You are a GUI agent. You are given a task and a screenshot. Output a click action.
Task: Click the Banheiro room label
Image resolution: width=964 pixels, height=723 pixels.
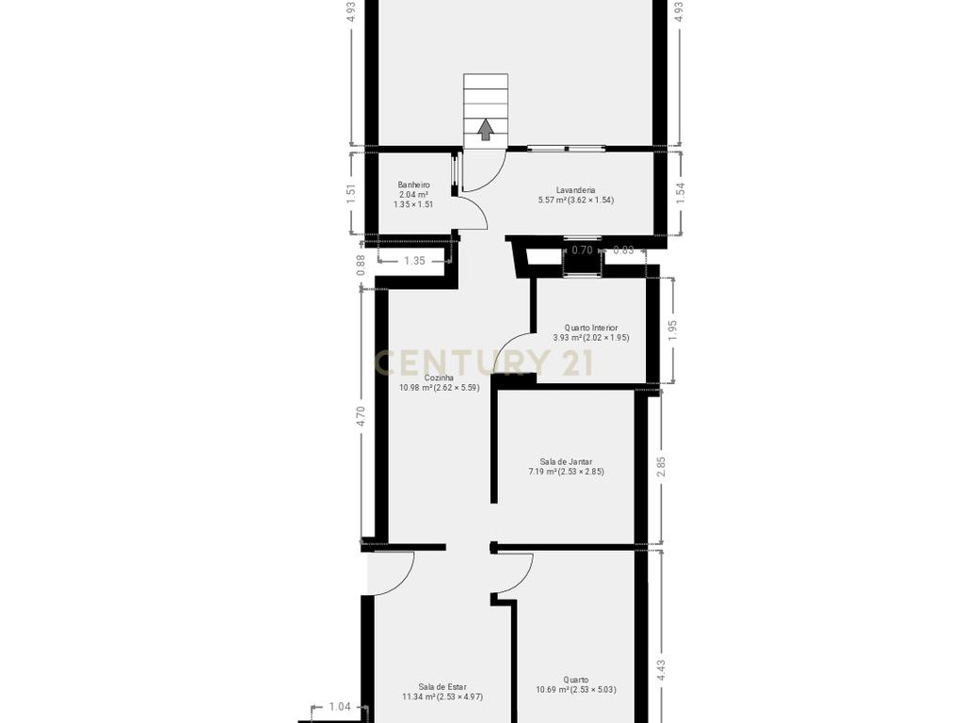pos(414,185)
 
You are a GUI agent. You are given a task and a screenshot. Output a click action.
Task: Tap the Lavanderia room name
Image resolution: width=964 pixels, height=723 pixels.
pos(575,190)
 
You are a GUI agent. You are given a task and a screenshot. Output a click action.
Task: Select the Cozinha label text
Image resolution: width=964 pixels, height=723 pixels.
pos(439,378)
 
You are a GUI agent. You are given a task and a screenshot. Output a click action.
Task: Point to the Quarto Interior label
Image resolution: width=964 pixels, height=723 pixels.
pos(591,328)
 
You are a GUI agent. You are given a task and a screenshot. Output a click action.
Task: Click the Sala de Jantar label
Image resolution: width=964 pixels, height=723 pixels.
pos(566,461)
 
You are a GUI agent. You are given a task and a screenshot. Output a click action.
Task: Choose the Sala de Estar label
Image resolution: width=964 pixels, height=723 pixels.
pos(442,686)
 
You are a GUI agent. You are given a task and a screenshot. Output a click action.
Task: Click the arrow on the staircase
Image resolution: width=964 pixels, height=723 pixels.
pos(486,129)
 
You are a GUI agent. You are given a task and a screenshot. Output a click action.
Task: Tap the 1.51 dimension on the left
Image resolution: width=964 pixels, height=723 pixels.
pos(351,194)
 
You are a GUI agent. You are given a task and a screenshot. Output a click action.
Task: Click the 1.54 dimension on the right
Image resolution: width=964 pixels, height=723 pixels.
pos(680,193)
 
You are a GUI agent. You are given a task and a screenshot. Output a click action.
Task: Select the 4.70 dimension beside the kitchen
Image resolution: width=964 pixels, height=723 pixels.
pos(361,416)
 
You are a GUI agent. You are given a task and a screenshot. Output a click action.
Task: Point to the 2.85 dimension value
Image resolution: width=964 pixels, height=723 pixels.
pos(662,466)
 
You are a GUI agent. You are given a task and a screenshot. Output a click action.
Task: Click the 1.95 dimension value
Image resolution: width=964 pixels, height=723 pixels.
pos(672,330)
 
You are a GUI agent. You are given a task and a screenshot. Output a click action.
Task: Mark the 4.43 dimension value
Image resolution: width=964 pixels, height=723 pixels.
pos(662,670)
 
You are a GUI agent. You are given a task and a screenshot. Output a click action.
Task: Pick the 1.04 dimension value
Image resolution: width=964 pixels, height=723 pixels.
pos(340,706)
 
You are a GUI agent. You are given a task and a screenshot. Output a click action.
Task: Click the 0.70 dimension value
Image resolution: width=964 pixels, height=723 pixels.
pos(582,249)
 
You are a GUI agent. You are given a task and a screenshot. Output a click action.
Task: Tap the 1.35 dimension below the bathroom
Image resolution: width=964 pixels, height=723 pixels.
pos(414,261)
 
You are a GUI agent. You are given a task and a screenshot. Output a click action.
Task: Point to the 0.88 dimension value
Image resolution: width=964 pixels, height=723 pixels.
pos(361,265)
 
